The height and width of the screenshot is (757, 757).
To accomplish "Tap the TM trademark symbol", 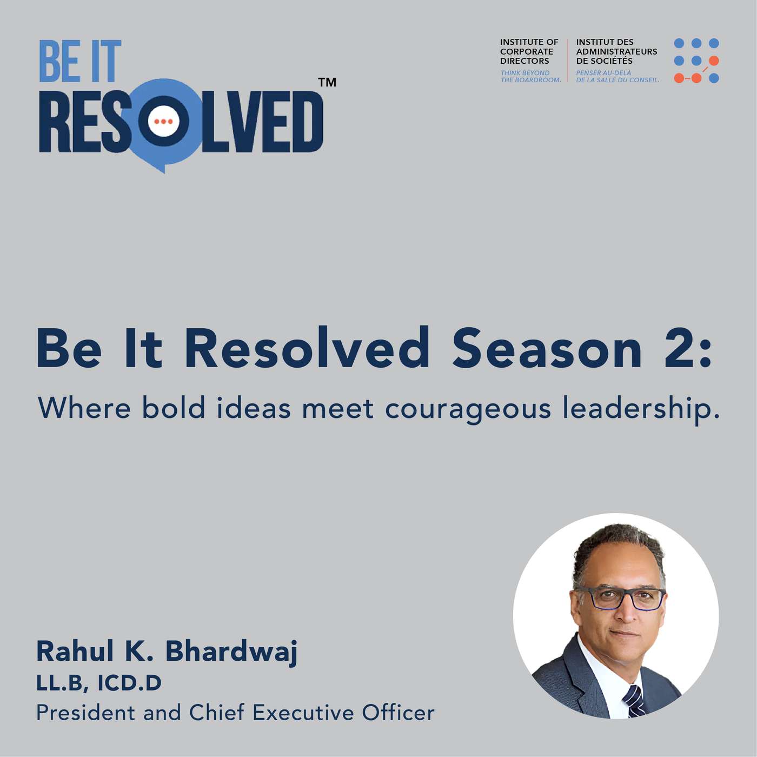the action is click(327, 83).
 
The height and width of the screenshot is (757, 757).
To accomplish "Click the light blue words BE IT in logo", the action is click(80, 61).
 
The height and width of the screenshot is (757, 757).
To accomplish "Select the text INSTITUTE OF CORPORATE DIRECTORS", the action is click(529, 51).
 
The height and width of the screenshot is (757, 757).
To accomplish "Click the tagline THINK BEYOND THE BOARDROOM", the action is click(530, 76).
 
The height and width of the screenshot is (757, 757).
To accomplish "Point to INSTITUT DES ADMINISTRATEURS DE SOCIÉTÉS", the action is click(616, 51).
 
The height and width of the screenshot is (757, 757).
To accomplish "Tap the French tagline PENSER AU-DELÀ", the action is click(603, 73).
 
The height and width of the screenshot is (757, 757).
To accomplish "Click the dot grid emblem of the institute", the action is click(696, 61).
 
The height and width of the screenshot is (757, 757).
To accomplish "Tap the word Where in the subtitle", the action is click(84, 408).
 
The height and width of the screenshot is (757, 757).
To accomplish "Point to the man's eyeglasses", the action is click(622, 599).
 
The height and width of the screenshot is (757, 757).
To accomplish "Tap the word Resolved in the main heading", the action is click(307, 347).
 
